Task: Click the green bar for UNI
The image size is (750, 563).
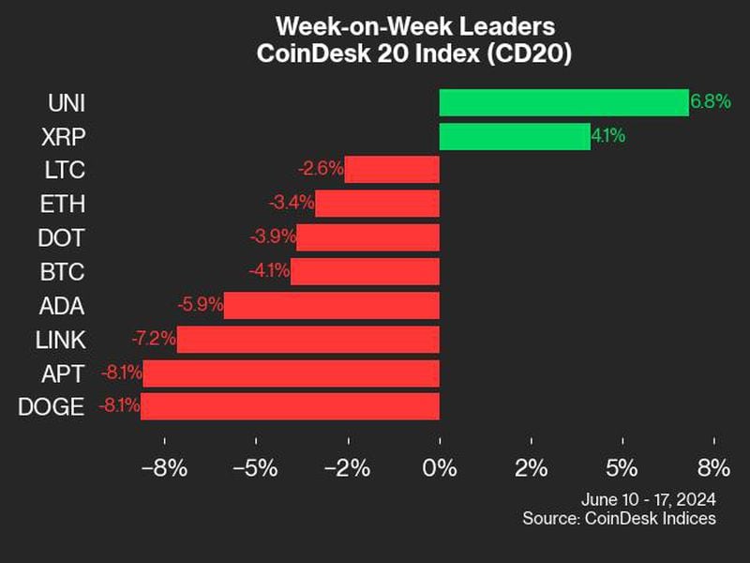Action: (x=563, y=102)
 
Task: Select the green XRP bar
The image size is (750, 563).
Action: (x=515, y=136)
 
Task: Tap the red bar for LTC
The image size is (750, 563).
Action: (x=392, y=170)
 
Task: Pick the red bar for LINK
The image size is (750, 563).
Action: (x=307, y=339)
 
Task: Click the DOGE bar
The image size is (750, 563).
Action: (x=290, y=406)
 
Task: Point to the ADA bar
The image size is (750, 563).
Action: (x=331, y=305)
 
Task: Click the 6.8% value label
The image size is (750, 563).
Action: (x=711, y=102)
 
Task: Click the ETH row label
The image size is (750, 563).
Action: (x=64, y=204)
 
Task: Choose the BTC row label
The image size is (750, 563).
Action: (x=64, y=271)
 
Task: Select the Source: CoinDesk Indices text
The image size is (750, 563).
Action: (x=620, y=518)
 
